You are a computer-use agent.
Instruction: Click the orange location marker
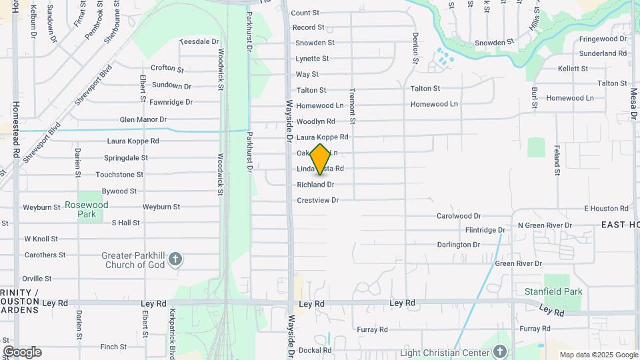321,159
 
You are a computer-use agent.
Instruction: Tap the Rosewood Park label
87,209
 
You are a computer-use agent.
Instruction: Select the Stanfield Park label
553,291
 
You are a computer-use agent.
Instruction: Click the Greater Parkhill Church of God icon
175,259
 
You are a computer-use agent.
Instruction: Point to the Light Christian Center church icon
501,352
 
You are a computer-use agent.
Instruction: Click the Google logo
22,352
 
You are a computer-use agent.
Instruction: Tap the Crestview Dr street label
318,200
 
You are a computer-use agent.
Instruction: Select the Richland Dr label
315,185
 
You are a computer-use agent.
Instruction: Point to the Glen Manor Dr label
143,120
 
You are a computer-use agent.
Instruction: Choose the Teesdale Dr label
199,41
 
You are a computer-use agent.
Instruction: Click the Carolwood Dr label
459,216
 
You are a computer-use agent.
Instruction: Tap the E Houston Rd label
606,209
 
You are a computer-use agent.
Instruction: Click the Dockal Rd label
315,350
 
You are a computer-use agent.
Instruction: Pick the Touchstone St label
119,175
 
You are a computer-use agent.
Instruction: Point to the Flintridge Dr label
485,230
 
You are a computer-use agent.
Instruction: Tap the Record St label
308,27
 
